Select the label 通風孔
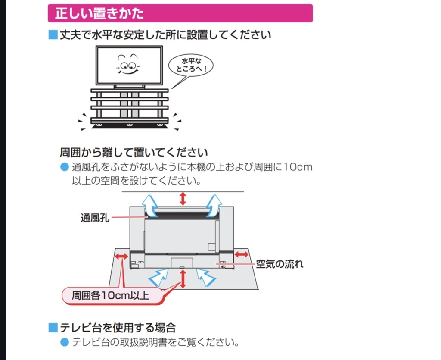[x=94, y=218]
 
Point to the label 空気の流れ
[x=280, y=264]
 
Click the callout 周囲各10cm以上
[x=111, y=296]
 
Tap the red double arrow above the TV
[x=183, y=198]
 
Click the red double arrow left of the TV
[x=121, y=257]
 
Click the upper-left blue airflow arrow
[x=151, y=205]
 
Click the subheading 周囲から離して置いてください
[x=134, y=152]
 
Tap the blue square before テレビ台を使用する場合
[x=53, y=328]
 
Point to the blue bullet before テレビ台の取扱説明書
[x=65, y=343]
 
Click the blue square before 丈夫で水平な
[x=53, y=35]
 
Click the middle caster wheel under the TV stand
[x=129, y=125]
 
